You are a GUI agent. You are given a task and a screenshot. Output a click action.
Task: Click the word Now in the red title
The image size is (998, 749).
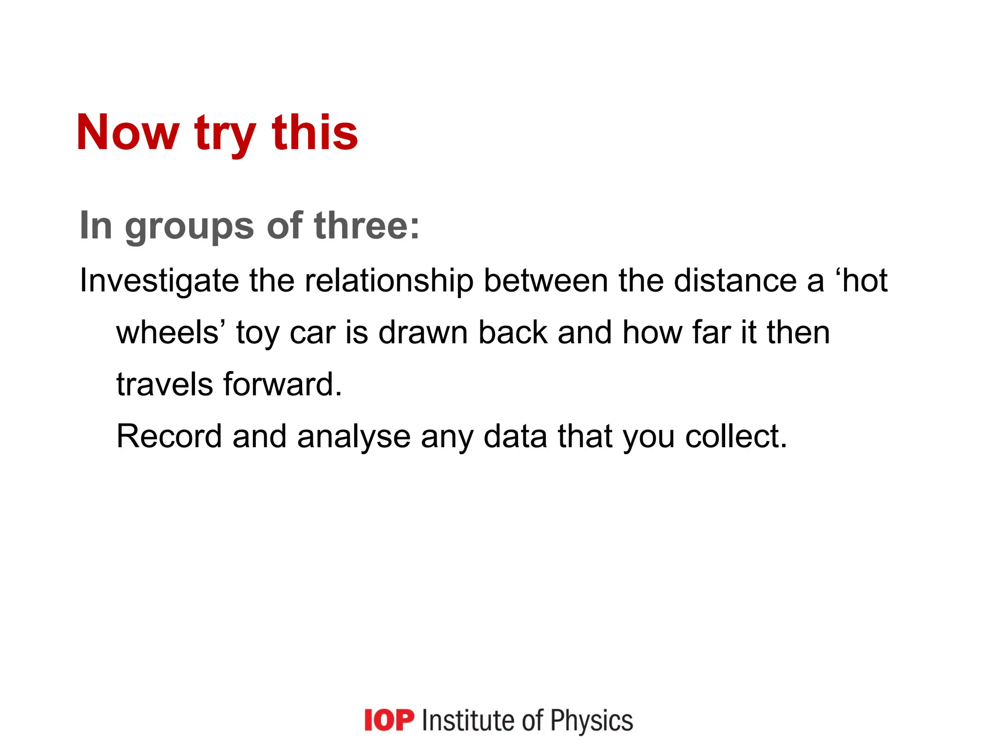point(128,133)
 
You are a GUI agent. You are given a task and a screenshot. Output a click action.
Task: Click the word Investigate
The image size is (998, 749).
point(159,281)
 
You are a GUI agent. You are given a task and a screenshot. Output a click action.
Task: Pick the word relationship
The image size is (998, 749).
point(389,281)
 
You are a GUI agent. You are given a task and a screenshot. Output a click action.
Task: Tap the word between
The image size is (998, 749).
point(546,281)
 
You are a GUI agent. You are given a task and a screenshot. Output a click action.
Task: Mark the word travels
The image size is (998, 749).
point(164,385)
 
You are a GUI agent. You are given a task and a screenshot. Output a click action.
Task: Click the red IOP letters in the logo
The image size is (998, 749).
point(389,721)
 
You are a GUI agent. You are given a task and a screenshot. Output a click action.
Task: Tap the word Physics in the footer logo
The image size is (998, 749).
point(592,721)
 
